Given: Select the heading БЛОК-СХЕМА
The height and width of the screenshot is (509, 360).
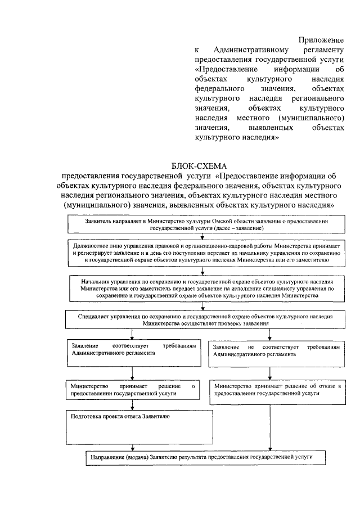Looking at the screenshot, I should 198,166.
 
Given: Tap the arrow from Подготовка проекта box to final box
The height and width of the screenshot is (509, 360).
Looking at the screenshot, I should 132,446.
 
